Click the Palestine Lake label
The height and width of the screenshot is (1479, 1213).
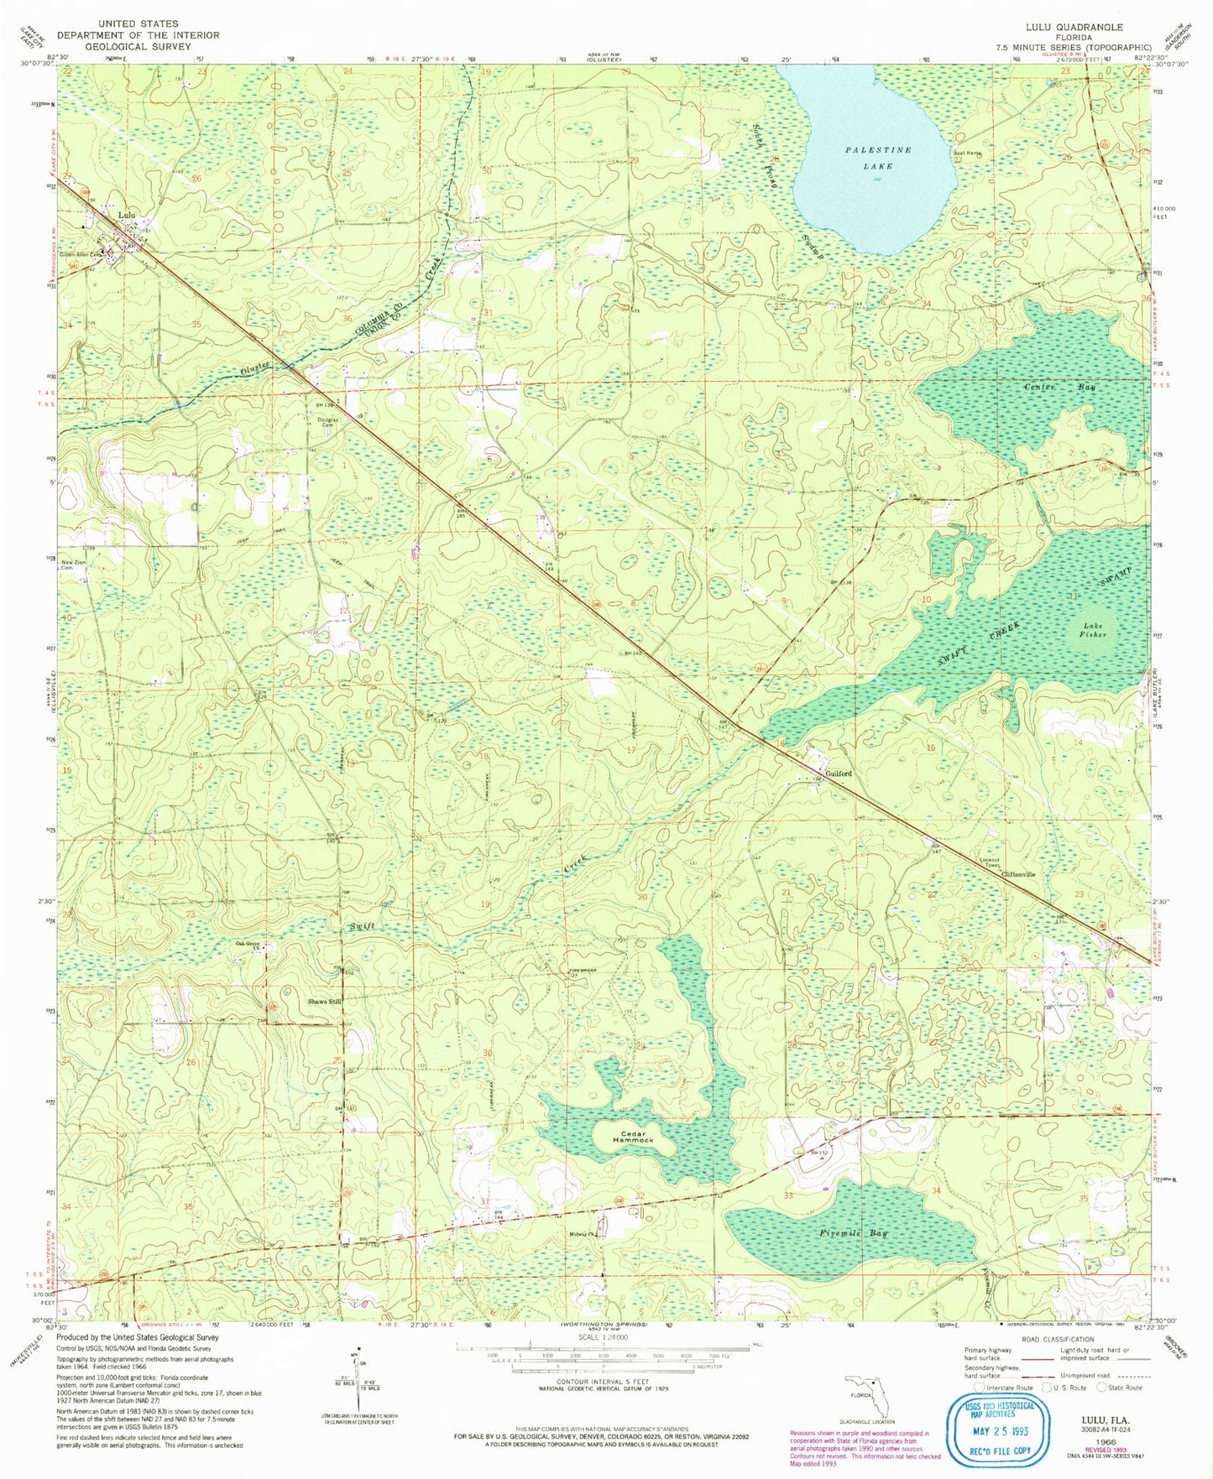[x=877, y=158]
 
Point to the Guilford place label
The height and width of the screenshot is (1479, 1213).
[x=838, y=773]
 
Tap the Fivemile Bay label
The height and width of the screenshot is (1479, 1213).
[x=852, y=1234]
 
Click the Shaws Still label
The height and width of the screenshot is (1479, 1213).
[x=324, y=1002]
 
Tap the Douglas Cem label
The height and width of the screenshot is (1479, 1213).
[x=327, y=422]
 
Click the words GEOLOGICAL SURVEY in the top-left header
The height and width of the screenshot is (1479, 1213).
[x=138, y=47]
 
